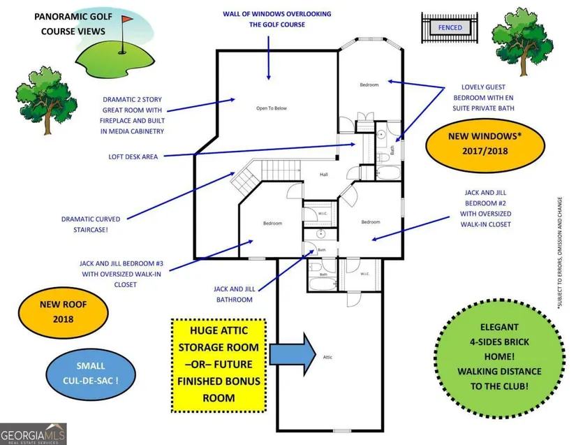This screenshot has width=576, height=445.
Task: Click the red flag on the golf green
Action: [x=127, y=19]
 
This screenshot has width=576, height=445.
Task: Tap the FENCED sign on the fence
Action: [x=450, y=27]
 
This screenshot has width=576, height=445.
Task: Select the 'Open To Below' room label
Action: [x=272, y=108]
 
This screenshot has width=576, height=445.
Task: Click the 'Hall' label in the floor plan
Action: [x=324, y=175]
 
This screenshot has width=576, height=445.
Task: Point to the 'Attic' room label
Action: [x=327, y=357]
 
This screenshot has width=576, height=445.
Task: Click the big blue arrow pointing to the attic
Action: [x=293, y=354]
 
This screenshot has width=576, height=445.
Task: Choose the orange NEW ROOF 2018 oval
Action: [x=63, y=312]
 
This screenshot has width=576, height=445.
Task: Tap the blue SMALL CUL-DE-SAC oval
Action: [x=91, y=373]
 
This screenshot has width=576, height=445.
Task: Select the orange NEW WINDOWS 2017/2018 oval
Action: [x=485, y=144]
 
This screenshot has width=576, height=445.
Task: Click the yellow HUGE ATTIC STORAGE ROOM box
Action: [x=219, y=365]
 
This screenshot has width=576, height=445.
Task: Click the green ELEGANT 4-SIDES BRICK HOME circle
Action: [x=499, y=357]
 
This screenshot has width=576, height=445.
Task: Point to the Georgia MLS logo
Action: [x=33, y=435]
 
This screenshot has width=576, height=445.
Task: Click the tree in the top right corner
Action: [x=522, y=41]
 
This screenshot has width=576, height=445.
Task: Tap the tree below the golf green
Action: [x=46, y=100]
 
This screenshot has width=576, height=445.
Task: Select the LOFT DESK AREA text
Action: [x=133, y=157]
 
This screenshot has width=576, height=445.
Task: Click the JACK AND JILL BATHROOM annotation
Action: [x=235, y=294]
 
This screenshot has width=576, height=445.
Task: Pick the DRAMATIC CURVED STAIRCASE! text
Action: [x=91, y=224]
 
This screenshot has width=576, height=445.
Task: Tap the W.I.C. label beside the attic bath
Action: [x=364, y=274]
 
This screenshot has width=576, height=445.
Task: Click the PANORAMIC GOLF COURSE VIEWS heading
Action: [x=73, y=24]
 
